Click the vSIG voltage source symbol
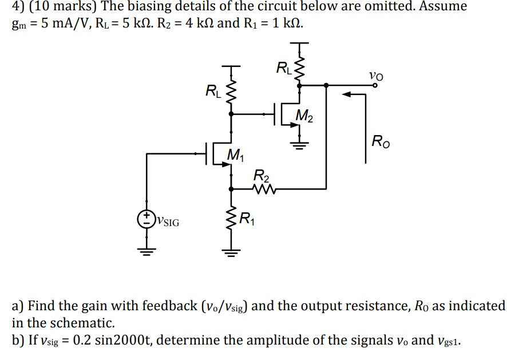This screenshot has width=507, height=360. pyautogui.click(x=147, y=218)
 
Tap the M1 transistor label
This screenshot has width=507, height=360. pyautogui.click(x=235, y=154)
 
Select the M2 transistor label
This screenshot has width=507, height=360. pyautogui.click(x=304, y=117)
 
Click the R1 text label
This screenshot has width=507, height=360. pyautogui.click(x=247, y=218)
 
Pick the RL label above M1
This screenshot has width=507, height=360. pyautogui.click(x=212, y=90)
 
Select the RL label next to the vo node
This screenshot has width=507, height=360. pyautogui.click(x=283, y=69)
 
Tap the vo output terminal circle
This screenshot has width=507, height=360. pyautogui.click(x=375, y=85)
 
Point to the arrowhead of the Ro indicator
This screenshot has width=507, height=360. pyautogui.click(x=346, y=95)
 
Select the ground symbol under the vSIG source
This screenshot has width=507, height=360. pyautogui.click(x=147, y=250)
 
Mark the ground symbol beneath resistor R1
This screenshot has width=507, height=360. pyautogui.click(x=231, y=250)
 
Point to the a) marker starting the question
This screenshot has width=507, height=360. pyautogui.click(x=18, y=306)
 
